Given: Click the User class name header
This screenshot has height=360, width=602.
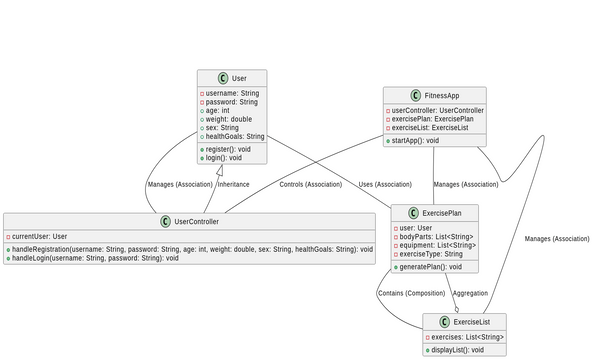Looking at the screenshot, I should [x=239, y=78].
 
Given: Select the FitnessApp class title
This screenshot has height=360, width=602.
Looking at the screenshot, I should [x=442, y=96].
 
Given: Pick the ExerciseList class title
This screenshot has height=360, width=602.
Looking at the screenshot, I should [x=470, y=322].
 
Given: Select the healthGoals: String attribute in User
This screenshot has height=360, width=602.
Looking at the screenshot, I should [x=235, y=136].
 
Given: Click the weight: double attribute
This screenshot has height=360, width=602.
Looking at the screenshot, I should [x=231, y=119].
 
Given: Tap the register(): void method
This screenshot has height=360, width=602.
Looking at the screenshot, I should [x=228, y=148].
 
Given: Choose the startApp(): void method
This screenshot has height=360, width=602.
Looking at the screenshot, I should [x=418, y=141].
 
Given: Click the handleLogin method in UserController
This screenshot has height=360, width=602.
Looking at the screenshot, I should [x=95, y=258].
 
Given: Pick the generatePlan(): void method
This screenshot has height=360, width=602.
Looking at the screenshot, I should [x=429, y=267].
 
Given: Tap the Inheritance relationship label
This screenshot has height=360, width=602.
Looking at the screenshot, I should [x=234, y=184].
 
